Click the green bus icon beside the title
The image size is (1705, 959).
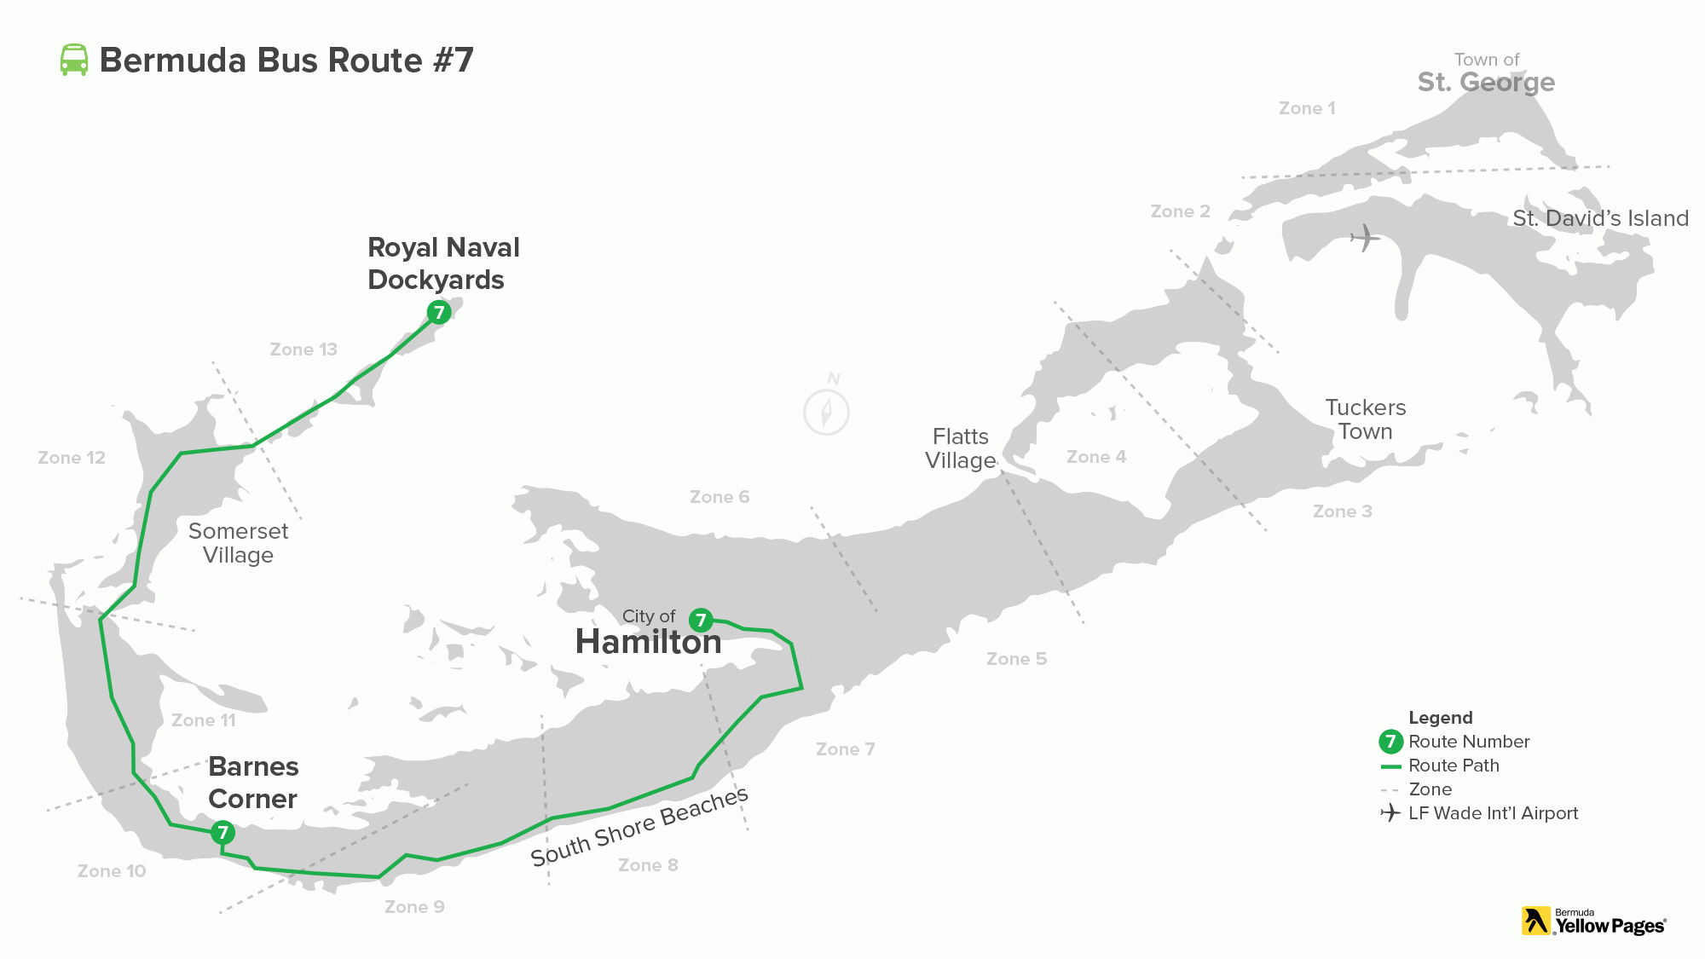click(74, 60)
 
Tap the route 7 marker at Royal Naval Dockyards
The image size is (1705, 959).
click(439, 312)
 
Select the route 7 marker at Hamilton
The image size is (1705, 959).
click(701, 620)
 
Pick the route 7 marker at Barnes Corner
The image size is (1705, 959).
click(223, 832)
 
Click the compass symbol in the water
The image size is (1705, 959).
click(826, 411)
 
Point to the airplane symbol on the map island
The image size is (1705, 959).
click(1365, 238)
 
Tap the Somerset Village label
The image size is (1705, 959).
click(238, 543)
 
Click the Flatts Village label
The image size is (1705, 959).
click(961, 448)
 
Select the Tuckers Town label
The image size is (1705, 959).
click(1365, 419)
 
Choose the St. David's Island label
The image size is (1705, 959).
click(1600, 218)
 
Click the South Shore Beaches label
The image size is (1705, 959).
click(639, 827)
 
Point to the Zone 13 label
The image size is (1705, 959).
click(303, 350)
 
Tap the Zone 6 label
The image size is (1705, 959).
click(720, 497)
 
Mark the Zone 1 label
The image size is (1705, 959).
click(1307, 108)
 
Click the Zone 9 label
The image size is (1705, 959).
click(414, 907)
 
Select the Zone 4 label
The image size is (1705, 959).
click(1096, 457)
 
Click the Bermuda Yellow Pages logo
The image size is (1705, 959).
click(1593, 921)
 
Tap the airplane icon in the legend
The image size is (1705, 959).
click(1390, 813)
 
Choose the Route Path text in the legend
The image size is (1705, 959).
click(1454, 765)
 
